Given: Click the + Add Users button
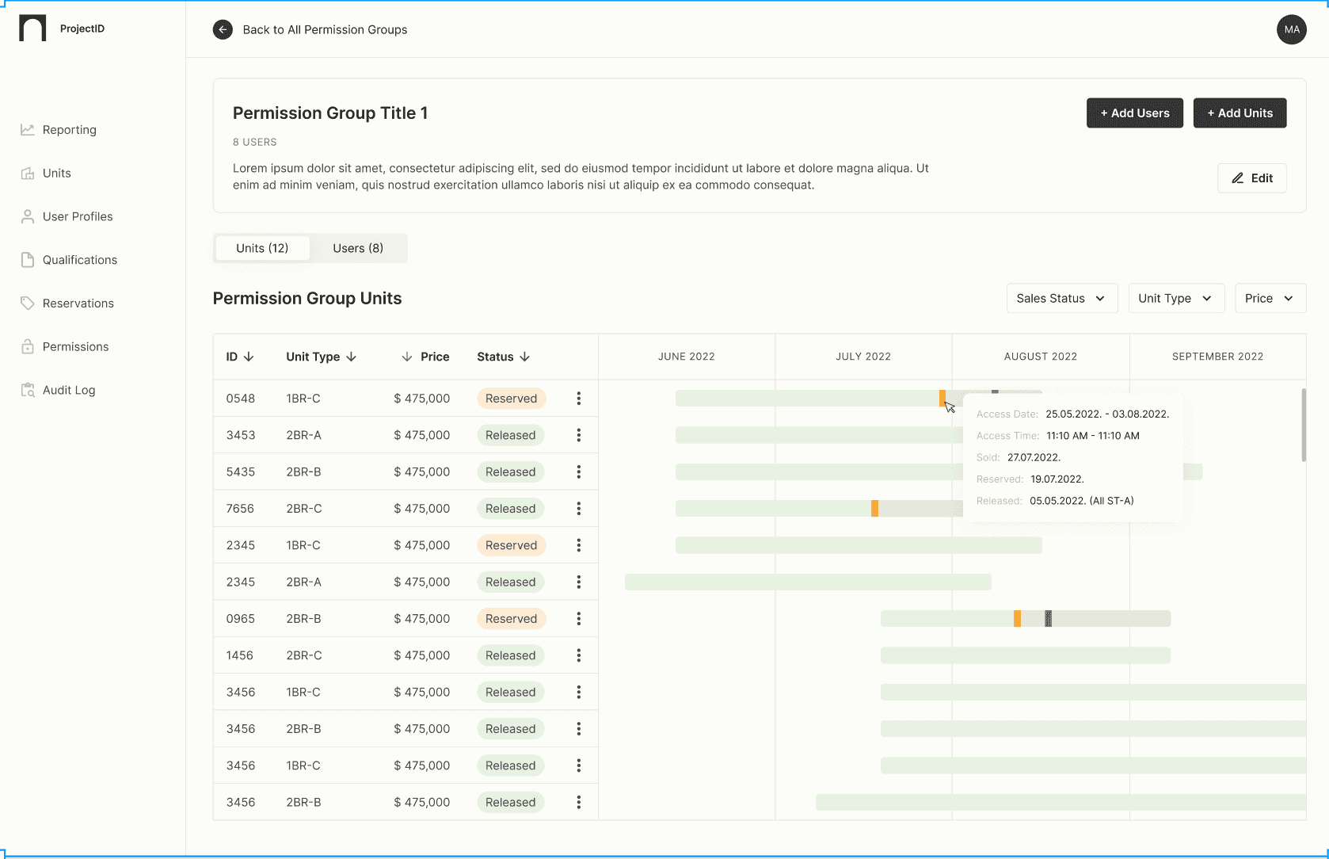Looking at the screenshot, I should tap(1134, 113).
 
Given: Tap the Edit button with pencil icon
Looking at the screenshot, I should tap(1251, 178).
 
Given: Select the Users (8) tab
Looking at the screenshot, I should tap(358, 248).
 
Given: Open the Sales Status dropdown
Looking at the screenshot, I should tap(1061, 299).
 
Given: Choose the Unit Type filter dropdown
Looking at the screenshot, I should tap(1175, 299).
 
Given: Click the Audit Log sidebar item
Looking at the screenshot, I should tap(68, 390).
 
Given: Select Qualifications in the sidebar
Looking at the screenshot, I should tap(79, 260).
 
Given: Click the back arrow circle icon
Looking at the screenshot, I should tap(223, 30).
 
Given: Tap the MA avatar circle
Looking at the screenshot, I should tap(1291, 30).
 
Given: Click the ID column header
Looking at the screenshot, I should tap(239, 357).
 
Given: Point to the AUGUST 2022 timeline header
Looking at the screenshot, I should tap(1040, 357).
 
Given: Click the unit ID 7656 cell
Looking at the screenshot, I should tap(240, 509).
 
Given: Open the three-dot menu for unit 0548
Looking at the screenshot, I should tap(579, 399).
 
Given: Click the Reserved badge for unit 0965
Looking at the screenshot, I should tap(511, 619).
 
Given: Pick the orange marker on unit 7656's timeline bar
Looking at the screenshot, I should tap(874, 509).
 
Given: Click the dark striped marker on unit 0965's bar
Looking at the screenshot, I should tap(1048, 619).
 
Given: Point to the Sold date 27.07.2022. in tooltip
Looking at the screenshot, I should tap(1034, 457).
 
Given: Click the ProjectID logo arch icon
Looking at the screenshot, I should tap(32, 29).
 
